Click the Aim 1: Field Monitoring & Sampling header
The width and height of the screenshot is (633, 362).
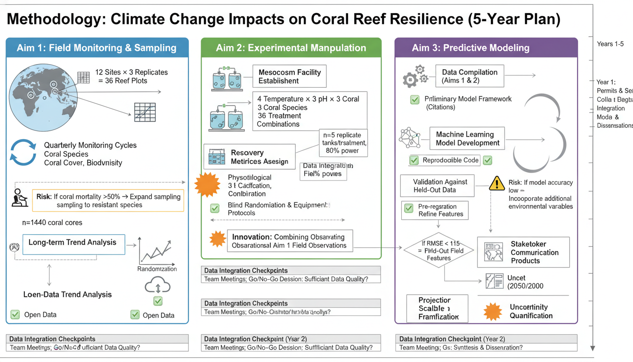click(97, 48)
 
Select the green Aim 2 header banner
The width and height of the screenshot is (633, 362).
click(291, 48)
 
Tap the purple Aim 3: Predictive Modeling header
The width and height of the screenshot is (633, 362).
click(486, 48)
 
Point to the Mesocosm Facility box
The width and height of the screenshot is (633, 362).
click(289, 76)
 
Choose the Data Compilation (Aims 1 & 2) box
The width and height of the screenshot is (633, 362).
click(469, 76)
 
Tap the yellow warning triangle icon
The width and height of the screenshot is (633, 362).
click(497, 183)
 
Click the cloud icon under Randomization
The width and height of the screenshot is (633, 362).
click(157, 286)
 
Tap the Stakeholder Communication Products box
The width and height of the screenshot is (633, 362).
click(523, 253)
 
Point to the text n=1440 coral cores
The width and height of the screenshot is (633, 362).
click(52, 222)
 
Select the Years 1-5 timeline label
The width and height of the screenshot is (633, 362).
click(610, 44)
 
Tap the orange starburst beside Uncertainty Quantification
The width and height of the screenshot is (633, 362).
click(493, 312)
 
